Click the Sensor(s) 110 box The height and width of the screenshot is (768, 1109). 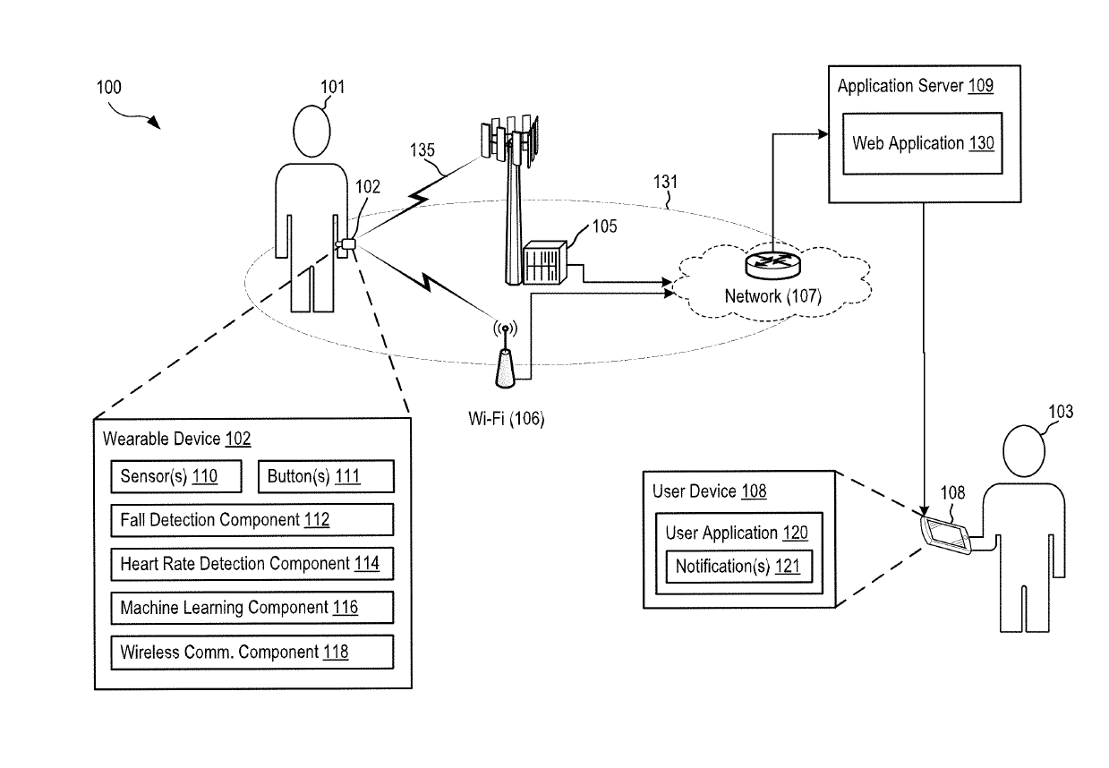[176, 476]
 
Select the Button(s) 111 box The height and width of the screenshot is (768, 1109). [327, 476]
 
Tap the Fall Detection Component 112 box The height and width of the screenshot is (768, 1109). [252, 520]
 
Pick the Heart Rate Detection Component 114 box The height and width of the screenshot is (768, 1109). [252, 564]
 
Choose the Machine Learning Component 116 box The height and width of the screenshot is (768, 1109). [252, 608]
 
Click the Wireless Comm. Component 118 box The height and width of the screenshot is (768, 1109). [252, 653]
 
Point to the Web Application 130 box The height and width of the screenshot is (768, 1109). [923, 143]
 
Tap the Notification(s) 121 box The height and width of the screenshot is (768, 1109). [738, 567]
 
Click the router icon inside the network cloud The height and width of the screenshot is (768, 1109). [772, 265]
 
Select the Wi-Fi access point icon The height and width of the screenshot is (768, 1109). [506, 354]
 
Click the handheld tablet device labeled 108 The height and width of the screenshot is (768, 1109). [945, 534]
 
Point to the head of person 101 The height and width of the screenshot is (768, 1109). [311, 132]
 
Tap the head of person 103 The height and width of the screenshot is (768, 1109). [1024, 450]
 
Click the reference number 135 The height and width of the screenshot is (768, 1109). [422, 150]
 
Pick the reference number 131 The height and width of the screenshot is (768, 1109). [665, 182]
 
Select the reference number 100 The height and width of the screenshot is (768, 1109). [109, 87]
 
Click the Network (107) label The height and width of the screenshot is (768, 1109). [772, 296]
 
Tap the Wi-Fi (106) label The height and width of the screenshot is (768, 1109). [506, 419]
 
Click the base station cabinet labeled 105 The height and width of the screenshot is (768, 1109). [544, 262]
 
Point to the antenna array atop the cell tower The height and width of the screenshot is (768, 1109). [510, 141]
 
